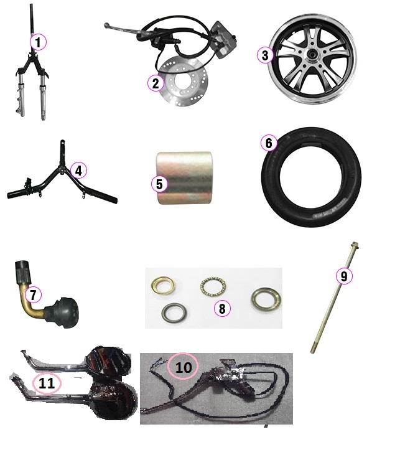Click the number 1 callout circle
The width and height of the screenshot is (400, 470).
(x=39, y=42)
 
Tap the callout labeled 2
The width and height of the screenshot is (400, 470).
(x=156, y=83)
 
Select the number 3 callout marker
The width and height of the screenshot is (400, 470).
(x=265, y=55)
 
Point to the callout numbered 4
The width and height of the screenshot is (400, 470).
(x=78, y=171)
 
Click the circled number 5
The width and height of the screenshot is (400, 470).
(x=159, y=184)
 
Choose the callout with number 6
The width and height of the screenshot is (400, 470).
(x=269, y=143)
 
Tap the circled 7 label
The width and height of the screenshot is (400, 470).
(x=33, y=294)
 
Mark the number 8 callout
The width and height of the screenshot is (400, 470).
(x=222, y=308)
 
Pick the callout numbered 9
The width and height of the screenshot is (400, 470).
(x=344, y=276)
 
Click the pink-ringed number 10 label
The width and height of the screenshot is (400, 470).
(x=183, y=367)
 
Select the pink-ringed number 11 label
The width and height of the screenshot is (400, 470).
(x=47, y=383)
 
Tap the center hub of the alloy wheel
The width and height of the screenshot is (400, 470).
(x=312, y=55)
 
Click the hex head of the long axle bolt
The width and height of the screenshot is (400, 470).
(x=355, y=246)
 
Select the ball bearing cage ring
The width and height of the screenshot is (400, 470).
(x=213, y=286)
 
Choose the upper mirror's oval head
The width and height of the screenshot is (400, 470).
(x=108, y=360)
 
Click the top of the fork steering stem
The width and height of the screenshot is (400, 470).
(x=31, y=6)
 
